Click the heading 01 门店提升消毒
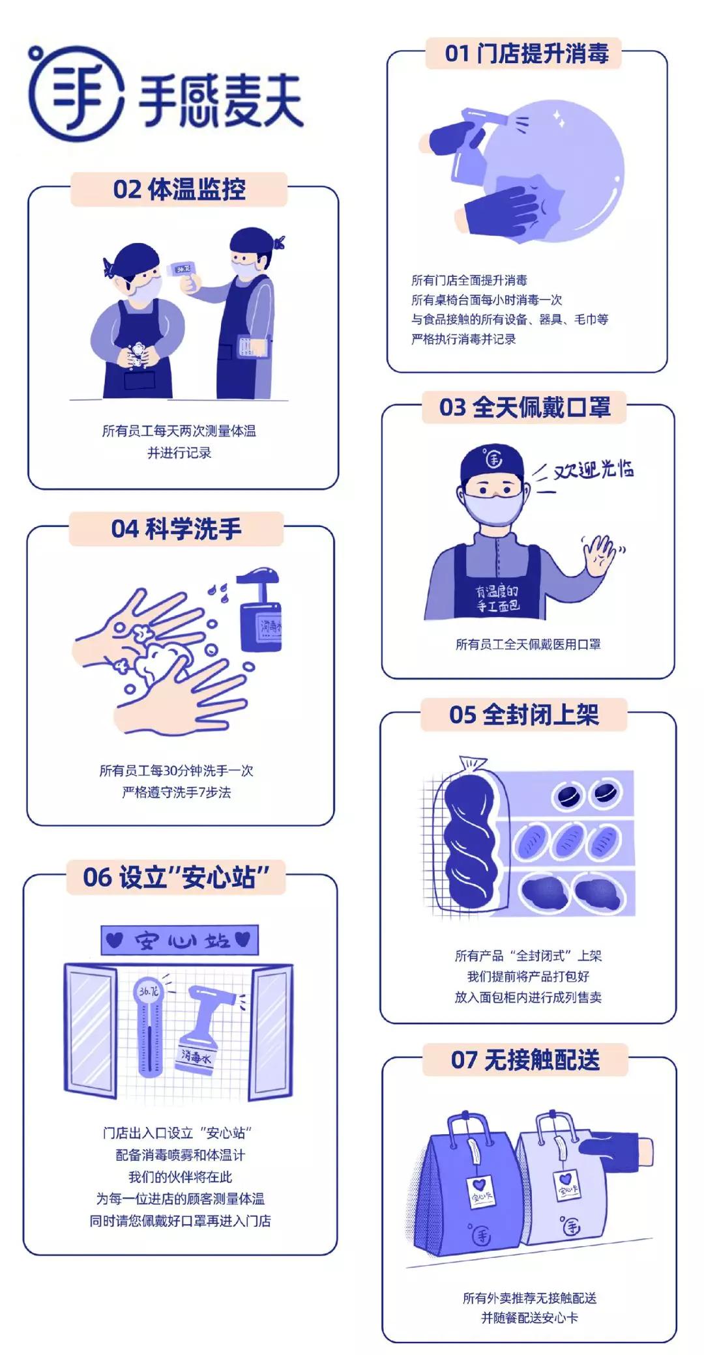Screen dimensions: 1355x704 click(525, 53)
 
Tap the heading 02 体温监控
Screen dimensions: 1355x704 click(179, 190)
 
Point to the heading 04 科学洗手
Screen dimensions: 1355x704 click(176, 528)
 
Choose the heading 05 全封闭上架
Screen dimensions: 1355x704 click(523, 715)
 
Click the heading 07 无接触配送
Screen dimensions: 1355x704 click(525, 1059)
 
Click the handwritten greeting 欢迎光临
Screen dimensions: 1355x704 click(593, 469)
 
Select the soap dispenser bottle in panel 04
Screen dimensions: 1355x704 click(261, 612)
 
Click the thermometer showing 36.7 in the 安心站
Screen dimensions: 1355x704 click(149, 1029)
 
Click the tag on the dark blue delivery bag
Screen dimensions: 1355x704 click(482, 1194)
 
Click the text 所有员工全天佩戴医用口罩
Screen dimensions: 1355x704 click(527, 644)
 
